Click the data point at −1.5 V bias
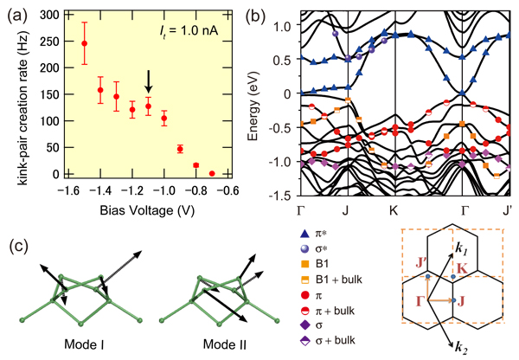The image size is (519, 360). pyautogui.click(x=85, y=43)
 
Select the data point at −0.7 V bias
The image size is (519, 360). pyautogui.click(x=212, y=174)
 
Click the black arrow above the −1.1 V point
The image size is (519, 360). pyautogui.click(x=149, y=81)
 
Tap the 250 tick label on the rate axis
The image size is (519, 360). pyautogui.click(x=49, y=42)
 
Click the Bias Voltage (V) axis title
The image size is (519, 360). pyautogui.click(x=147, y=210)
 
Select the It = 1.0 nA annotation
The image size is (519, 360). pyautogui.click(x=189, y=31)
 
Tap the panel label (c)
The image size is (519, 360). pyautogui.click(x=18, y=247)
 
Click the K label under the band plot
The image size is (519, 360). pyautogui.click(x=394, y=210)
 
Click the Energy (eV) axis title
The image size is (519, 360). pyautogui.click(x=253, y=106)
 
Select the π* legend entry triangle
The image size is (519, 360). pyautogui.click(x=304, y=234)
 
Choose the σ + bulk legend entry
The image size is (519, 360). pyautogui.click(x=327, y=340)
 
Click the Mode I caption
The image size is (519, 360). pyautogui.click(x=85, y=344)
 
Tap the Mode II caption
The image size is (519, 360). pyautogui.click(x=225, y=344)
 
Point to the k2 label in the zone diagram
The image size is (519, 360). pyautogui.click(x=461, y=348)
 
